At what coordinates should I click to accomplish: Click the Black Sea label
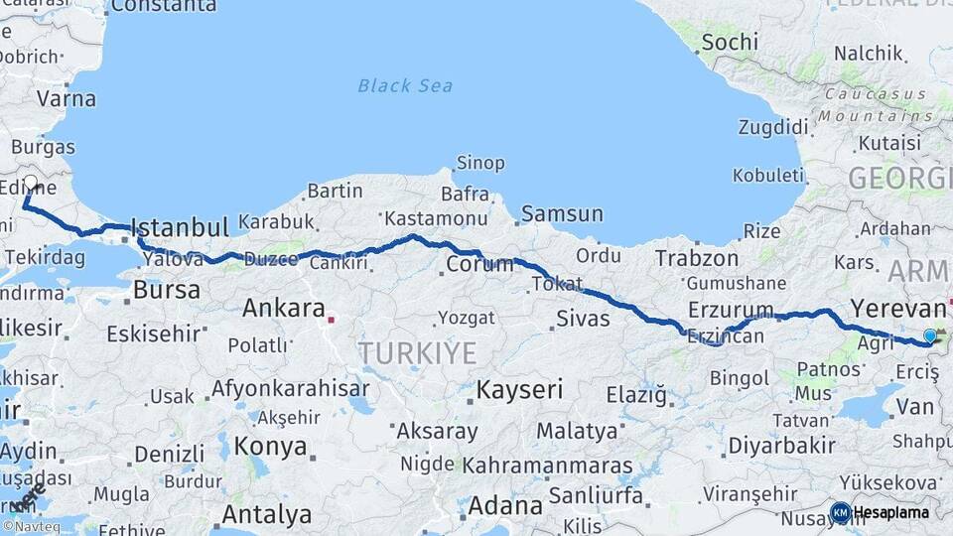tap(405, 85)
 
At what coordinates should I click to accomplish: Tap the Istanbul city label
tap(180, 226)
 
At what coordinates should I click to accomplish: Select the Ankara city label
tap(284, 308)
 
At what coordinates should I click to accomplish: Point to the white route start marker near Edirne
tap(31, 183)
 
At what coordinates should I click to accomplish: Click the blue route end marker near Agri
tap(929, 335)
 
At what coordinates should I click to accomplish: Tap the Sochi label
tap(730, 42)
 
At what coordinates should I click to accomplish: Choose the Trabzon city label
tap(696, 258)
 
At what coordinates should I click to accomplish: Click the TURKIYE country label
tap(417, 352)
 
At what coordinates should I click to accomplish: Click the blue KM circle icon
tap(840, 512)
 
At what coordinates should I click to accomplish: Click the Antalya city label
tap(266, 515)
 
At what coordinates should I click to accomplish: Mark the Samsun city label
tap(562, 213)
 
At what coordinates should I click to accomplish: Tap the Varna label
tap(67, 98)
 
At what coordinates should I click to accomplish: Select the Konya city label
tap(271, 446)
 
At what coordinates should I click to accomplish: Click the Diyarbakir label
tap(781, 446)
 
